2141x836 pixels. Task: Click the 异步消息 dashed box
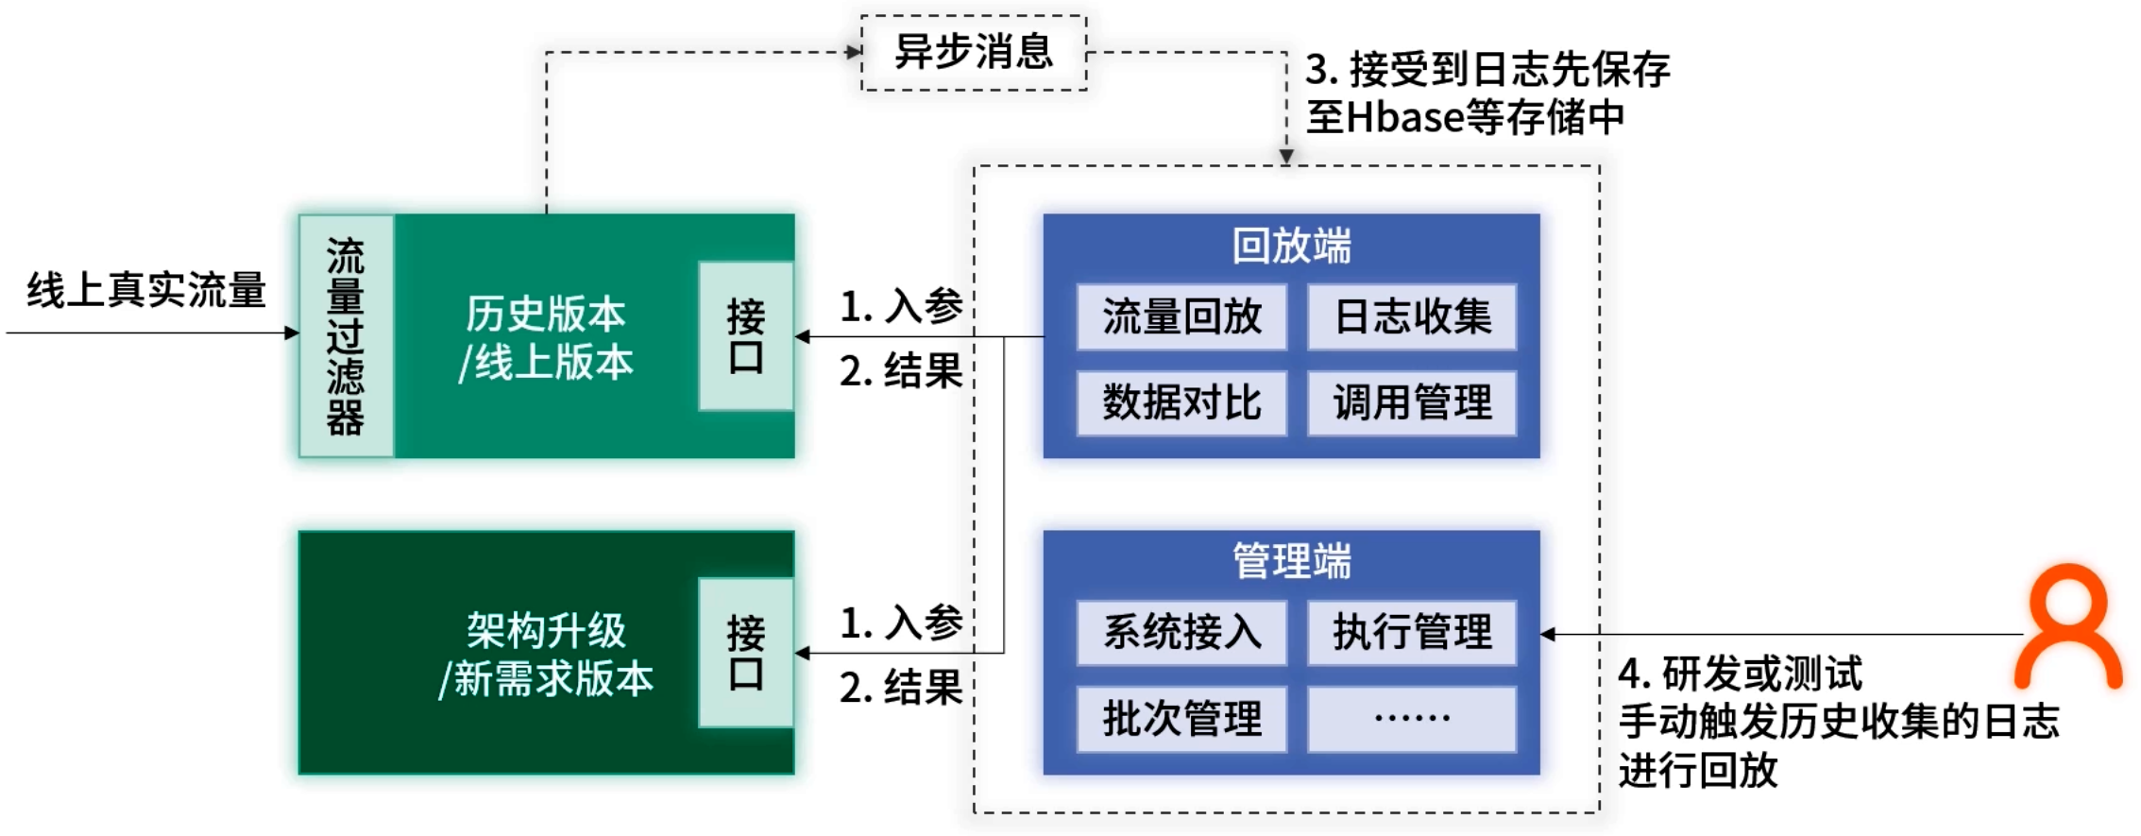974,53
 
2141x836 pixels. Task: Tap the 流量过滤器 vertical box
346,336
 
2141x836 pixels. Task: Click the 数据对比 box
1181,403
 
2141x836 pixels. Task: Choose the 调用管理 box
1412,403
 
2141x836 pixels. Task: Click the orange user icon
2067,627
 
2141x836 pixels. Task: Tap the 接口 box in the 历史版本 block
745,336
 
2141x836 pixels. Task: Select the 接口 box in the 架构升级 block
745,653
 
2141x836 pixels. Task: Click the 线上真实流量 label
146,290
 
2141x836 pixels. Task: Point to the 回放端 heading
1291,247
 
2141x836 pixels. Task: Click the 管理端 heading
1291,562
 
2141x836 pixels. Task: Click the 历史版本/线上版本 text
546,338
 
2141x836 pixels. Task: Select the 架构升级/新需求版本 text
546,655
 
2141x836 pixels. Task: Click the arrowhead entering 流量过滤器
292,333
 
